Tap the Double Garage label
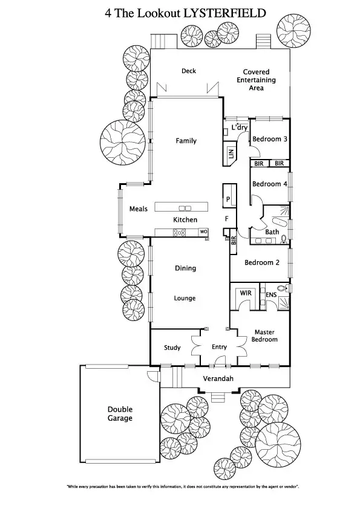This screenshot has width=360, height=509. pos(120,413)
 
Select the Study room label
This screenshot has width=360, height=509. pos(172,348)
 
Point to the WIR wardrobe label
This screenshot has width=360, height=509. pos(246,293)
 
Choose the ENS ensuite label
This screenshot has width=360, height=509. pos(271,295)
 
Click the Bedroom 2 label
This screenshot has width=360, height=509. pos(261,263)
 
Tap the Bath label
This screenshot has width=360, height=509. pos(272,232)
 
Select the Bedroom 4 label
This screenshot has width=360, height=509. pos(269,184)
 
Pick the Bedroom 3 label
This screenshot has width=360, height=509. pos(269,139)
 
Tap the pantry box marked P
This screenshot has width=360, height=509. pos(228,198)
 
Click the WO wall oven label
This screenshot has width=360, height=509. pos(204,232)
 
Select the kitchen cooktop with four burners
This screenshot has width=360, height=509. pos(180,232)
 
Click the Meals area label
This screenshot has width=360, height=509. pos(139,209)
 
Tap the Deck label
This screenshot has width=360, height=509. pos(189,71)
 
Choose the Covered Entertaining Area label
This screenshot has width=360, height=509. pos(256,80)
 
